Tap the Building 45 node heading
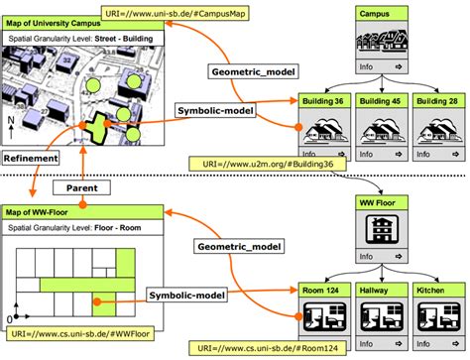point(381,101)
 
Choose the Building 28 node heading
point(436,101)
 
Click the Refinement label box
point(30,157)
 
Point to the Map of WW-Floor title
point(42,211)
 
